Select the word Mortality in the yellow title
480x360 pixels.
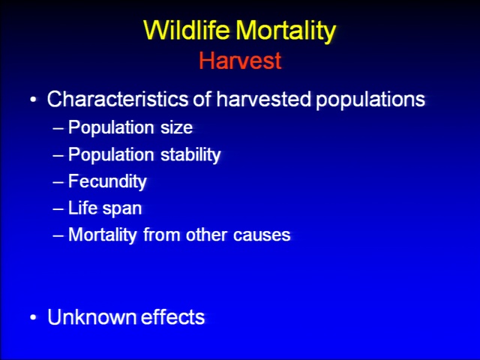tap(286, 31)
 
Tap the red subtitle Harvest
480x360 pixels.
tap(240, 60)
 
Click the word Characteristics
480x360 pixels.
tap(118, 99)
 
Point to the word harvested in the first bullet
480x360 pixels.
tap(264, 99)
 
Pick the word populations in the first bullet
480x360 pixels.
tap(370, 100)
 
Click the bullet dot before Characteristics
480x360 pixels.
tap(33, 100)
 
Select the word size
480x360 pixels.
tap(177, 127)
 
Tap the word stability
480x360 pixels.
tap(190, 154)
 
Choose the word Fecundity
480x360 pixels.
tap(107, 181)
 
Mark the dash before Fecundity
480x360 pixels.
tap(58, 182)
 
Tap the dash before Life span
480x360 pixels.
tap(58, 209)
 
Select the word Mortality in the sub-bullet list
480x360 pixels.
tap(103, 235)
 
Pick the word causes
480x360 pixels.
tap(262, 235)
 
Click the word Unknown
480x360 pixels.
tap(92, 316)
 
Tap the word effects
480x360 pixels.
tap(172, 316)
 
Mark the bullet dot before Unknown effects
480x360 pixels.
tap(33, 317)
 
